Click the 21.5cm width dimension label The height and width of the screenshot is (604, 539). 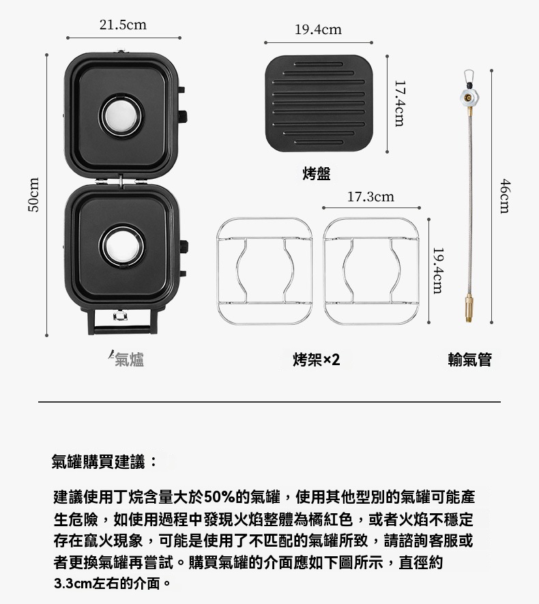click(x=123, y=25)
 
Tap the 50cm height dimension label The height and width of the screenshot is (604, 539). click(x=34, y=195)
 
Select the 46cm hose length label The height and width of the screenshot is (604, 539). click(x=505, y=196)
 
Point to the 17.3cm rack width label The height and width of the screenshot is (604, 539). click(x=370, y=197)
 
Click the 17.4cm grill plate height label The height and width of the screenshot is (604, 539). click(x=400, y=103)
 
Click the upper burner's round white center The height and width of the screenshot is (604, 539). click(x=121, y=115)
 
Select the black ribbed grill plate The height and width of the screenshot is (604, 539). click(x=319, y=103)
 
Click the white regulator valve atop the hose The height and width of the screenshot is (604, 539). click(x=469, y=98)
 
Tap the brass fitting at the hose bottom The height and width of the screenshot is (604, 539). click(x=469, y=308)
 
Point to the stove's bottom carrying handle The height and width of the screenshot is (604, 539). click(x=122, y=330)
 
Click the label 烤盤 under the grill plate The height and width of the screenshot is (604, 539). click(x=317, y=174)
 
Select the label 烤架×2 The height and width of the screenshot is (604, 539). click(x=316, y=360)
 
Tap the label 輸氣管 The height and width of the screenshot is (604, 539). click(x=469, y=360)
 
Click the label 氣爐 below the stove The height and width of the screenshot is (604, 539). click(x=129, y=360)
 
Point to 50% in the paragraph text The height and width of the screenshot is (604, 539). click(x=220, y=497)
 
